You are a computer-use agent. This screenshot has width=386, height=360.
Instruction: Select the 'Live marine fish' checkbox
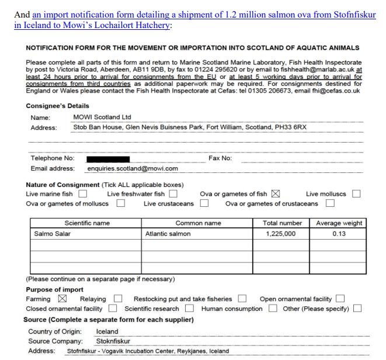[83, 194]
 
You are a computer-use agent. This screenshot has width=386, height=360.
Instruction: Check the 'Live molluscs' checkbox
[356, 194]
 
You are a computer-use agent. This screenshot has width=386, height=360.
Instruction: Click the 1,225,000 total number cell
[281, 234]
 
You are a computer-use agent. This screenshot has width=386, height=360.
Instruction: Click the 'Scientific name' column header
[87, 223]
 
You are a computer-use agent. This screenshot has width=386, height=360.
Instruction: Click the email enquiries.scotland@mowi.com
[132, 168]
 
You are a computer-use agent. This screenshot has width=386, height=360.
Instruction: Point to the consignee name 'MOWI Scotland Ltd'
[102, 117]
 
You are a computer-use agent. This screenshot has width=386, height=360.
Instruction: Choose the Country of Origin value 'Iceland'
[107, 331]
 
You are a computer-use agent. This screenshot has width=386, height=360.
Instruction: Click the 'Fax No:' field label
[220, 158]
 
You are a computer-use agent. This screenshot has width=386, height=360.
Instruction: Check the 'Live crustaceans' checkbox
[204, 203]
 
